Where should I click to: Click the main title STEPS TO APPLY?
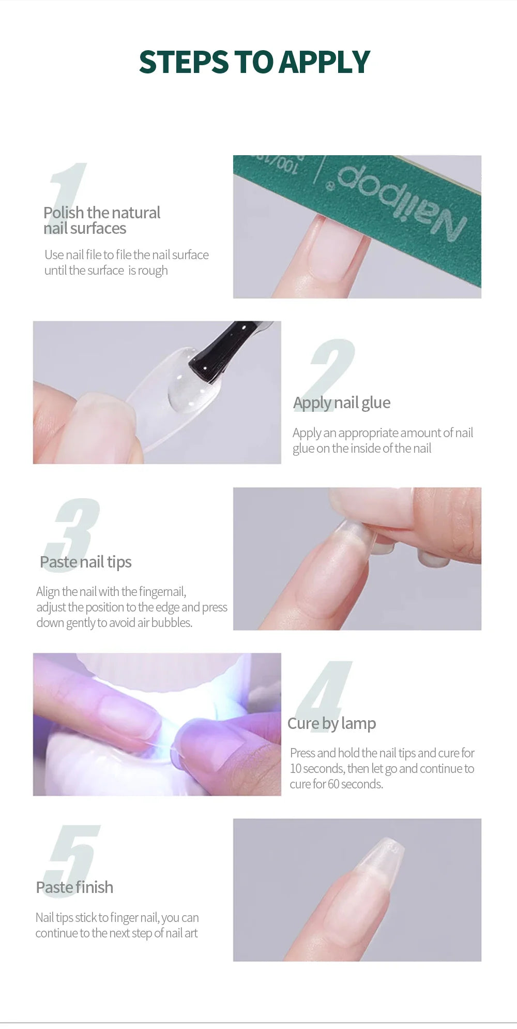pyautogui.click(x=254, y=62)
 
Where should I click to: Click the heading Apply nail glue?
pyautogui.click(x=342, y=402)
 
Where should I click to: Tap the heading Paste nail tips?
pyautogui.click(x=86, y=562)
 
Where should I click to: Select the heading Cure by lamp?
pyautogui.click(x=331, y=723)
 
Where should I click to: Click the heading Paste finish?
pyautogui.click(x=74, y=887)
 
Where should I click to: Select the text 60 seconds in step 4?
pyautogui.click(x=355, y=784)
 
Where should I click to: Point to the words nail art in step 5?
pyautogui.click(x=181, y=933)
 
